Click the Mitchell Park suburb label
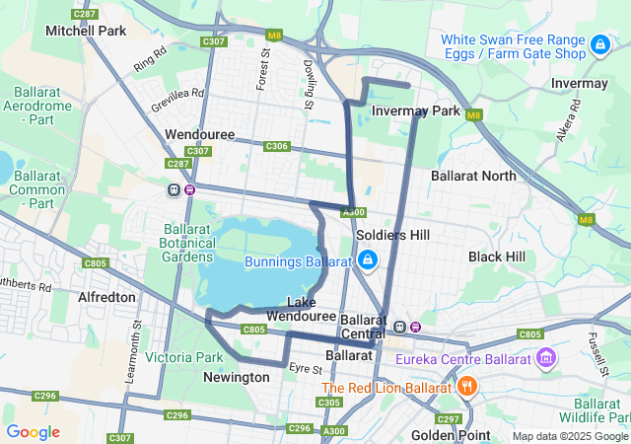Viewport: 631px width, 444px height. pyautogui.click(x=86, y=31)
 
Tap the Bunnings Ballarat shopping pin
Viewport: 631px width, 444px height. pyautogui.click(x=367, y=260)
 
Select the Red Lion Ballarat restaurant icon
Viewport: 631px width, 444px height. pyautogui.click(x=467, y=387)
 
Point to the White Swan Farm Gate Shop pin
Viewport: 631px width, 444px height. pyautogui.click(x=599, y=45)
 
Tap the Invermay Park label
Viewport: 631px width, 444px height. pyautogui.click(x=417, y=111)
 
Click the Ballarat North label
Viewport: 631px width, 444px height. pyautogui.click(x=473, y=176)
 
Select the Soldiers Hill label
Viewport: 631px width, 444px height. pyautogui.click(x=392, y=237)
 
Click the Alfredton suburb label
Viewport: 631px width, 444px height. pyautogui.click(x=106, y=296)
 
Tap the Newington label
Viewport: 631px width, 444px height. pyautogui.click(x=237, y=377)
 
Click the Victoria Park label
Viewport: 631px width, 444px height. pyautogui.click(x=184, y=357)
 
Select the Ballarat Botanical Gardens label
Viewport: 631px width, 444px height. pyautogui.click(x=186, y=243)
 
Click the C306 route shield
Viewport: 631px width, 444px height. pyautogui.click(x=276, y=146)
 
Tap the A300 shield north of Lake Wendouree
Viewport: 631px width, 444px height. pyautogui.click(x=355, y=212)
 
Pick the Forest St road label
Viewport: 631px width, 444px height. pyautogui.click(x=263, y=68)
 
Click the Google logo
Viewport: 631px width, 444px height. pyautogui.click(x=33, y=432)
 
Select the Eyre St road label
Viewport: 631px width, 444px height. pyautogui.click(x=307, y=369)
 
